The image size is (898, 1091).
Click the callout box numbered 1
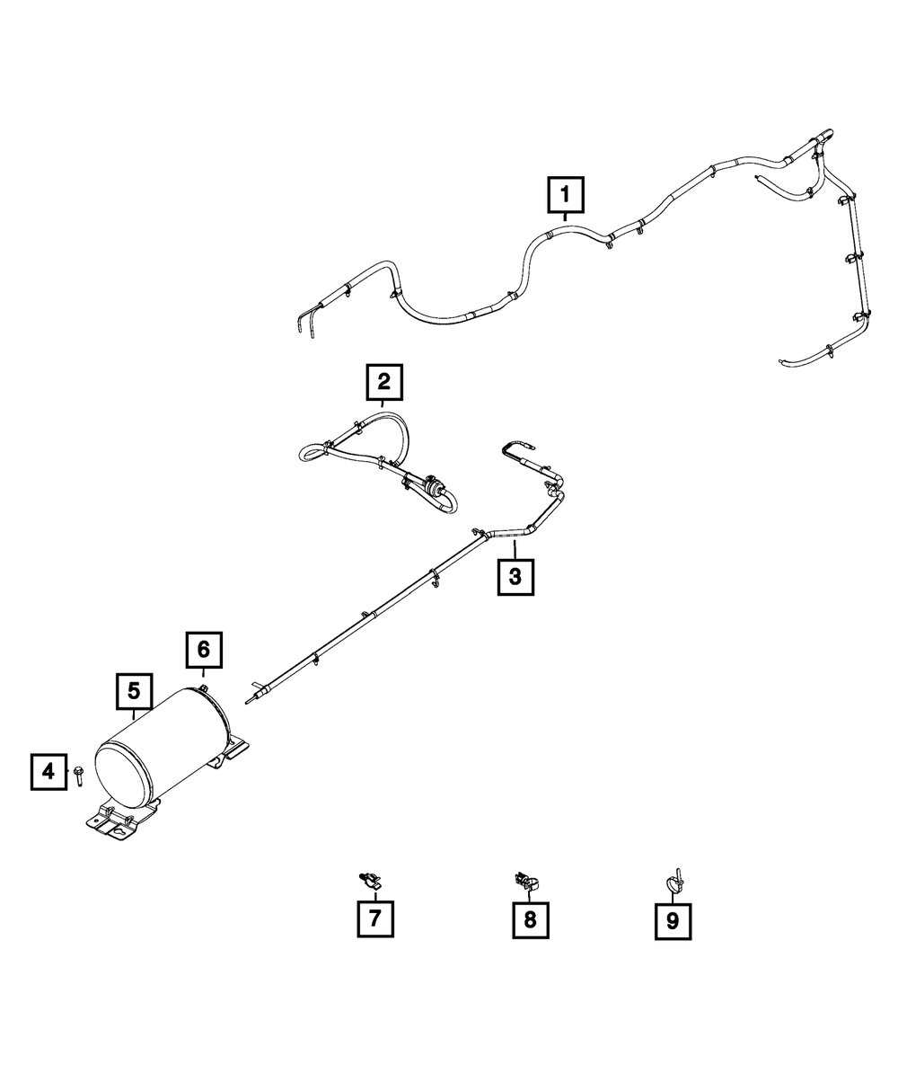click(565, 194)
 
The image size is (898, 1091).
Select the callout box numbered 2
click(384, 382)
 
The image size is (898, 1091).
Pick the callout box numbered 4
click(49, 771)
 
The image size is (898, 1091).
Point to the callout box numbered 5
click(134, 691)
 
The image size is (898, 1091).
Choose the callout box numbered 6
click(204, 649)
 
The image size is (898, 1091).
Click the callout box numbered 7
click(374, 918)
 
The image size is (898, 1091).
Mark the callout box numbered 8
click(530, 919)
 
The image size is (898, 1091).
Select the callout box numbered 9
click(673, 919)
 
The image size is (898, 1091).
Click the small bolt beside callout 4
click(79, 771)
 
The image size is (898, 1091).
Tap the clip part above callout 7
click(370, 879)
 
